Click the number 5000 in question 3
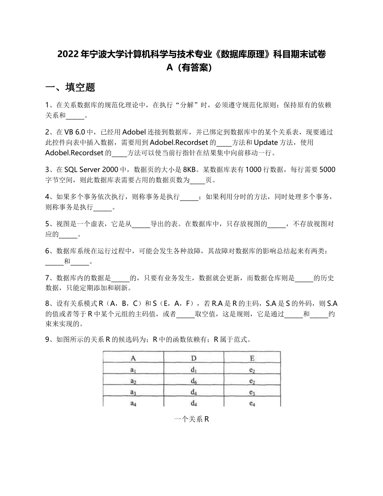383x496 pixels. pos(327,169)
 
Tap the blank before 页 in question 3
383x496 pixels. pos(197,180)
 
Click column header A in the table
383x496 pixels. pos(133,357)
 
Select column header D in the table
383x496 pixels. pos(194,357)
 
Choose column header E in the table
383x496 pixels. pos(252,357)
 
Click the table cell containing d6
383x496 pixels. pos(194,381)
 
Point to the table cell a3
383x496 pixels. pos(133,392)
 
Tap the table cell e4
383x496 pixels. pos(252,403)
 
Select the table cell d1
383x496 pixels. pos(194,369)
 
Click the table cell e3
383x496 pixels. pos(252,392)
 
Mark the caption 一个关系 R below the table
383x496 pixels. pos(191,419)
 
